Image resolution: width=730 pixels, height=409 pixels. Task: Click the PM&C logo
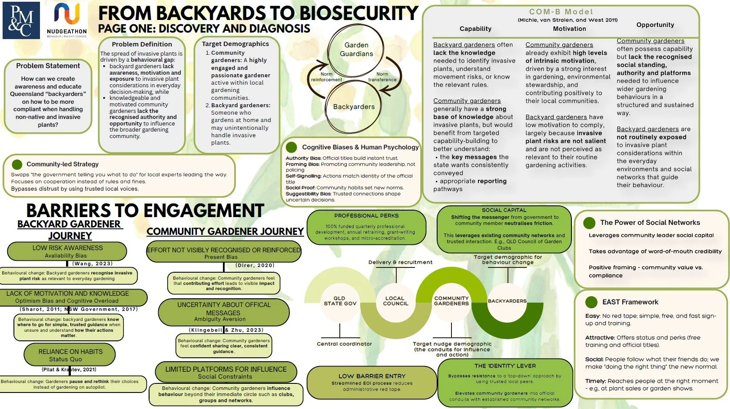21,20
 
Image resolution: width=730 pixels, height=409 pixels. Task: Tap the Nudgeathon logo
67,19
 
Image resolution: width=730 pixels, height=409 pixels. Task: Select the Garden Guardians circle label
356,49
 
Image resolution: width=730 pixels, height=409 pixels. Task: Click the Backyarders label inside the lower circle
354,107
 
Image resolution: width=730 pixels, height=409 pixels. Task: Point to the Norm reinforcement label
326,77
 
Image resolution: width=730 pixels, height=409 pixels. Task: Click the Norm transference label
382,77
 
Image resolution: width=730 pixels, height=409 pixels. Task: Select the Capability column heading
475,29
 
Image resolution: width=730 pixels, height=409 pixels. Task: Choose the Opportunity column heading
655,25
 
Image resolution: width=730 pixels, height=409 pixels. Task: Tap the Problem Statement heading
48,66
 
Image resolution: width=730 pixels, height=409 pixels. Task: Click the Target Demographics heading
236,44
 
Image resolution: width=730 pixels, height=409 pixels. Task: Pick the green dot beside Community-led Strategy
17,165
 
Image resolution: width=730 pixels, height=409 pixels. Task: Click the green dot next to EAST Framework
591,302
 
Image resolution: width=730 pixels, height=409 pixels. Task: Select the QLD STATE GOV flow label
340,301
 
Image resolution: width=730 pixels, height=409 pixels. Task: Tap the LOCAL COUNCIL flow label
395,301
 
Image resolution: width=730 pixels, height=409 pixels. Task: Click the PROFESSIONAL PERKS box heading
366,216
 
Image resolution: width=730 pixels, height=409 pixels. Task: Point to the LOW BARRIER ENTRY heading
372,376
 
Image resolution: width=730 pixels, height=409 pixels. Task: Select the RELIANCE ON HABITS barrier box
70,355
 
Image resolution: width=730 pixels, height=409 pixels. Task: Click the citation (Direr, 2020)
255,265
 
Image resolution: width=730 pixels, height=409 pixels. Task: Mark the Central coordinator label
344,344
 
